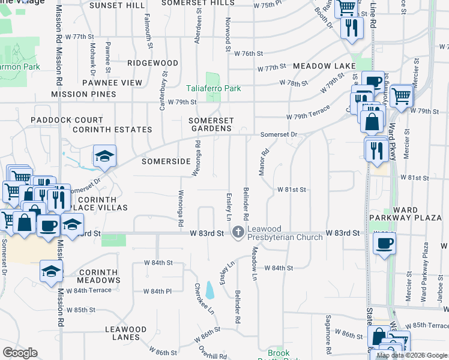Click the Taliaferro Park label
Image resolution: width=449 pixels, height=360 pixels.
214,88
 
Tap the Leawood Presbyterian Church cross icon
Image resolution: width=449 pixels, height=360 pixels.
238,232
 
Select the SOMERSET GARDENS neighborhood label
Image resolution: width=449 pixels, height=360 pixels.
210,124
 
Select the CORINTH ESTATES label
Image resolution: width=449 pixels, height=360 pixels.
112,130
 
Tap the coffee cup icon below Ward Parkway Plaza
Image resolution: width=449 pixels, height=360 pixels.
384,243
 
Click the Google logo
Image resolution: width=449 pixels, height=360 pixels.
20,353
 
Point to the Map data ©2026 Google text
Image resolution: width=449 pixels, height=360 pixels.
411,355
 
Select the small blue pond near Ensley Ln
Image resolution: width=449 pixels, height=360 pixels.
209,290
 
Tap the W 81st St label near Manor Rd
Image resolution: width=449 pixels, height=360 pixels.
292,190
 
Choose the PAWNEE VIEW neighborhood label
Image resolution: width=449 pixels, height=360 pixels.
112,83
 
